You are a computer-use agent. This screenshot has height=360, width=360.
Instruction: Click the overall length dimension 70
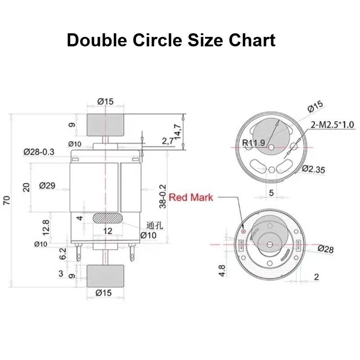coord(7,200)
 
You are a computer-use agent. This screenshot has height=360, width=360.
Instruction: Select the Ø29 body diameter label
coord(47,185)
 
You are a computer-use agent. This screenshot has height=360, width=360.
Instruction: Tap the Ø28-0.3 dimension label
coord(39,152)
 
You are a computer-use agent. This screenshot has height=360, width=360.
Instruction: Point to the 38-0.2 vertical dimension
coord(162,196)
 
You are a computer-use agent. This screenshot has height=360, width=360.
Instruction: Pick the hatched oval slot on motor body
coord(108,218)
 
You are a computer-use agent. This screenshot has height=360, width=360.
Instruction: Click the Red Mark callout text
coord(191,198)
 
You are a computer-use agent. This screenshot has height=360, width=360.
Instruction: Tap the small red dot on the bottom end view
coord(243,231)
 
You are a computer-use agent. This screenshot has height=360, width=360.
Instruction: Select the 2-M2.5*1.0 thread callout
coord(333,125)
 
